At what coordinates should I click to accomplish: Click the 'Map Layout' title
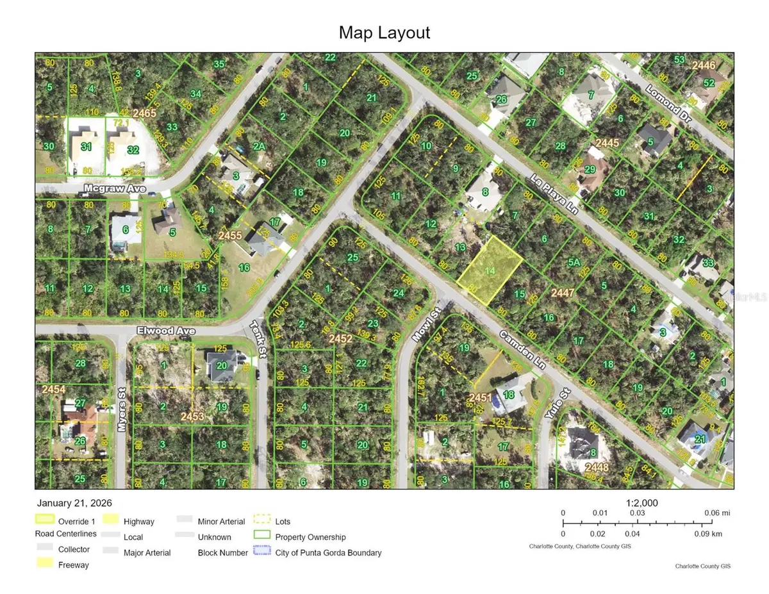coord(384,32)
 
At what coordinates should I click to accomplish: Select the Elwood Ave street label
coord(165,331)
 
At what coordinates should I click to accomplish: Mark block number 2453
coord(192,417)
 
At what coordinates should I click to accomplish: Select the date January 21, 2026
coord(74,504)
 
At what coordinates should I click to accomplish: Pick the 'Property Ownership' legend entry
coord(310,537)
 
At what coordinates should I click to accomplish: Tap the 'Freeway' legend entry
coord(74,565)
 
